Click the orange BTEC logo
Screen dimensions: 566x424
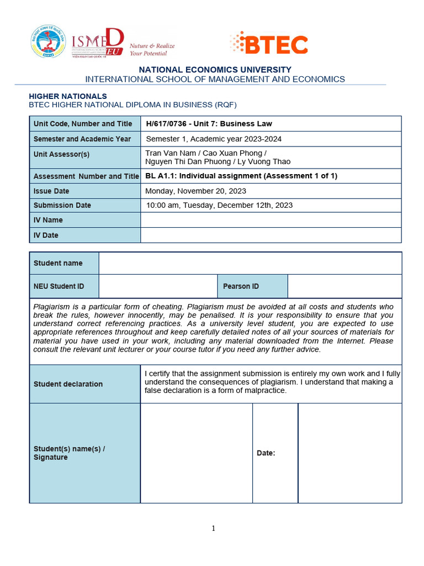269,44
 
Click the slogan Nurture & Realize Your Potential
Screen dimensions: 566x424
152,50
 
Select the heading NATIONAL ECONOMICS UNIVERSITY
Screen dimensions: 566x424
215,70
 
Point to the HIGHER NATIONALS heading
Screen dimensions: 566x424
68,96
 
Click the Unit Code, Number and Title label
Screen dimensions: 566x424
83,124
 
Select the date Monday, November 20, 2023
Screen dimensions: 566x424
195,191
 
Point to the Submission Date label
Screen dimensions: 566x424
62,205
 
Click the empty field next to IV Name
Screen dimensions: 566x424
271,220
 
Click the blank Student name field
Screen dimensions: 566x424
250,263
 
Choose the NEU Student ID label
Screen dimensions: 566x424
59,286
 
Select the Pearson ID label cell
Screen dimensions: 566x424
241,286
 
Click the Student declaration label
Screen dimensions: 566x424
68,384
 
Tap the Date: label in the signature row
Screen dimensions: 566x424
266,453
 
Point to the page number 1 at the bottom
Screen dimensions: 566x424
214,528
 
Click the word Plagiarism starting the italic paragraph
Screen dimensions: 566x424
52,306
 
